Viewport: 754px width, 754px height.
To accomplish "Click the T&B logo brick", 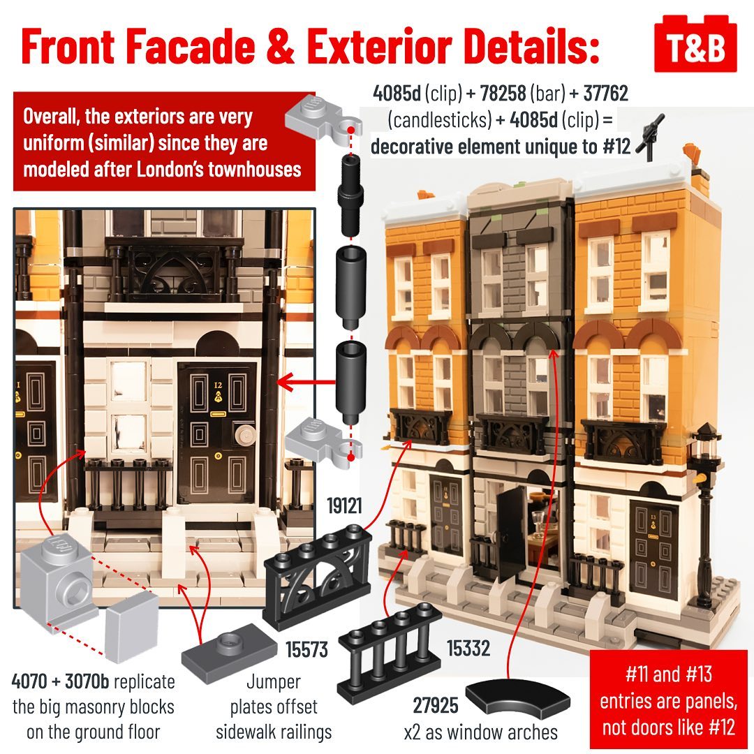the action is [x=695, y=44].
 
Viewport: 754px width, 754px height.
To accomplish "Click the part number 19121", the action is [x=344, y=506].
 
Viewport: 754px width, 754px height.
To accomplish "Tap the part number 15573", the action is [x=306, y=650].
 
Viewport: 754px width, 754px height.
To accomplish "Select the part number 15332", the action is [x=468, y=648].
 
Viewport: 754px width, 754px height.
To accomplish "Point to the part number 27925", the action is [x=436, y=705].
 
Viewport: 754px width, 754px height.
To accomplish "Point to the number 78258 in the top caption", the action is [x=503, y=94].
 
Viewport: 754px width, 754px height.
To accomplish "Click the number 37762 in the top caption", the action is [x=605, y=94].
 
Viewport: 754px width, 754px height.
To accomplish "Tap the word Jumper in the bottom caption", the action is [x=274, y=682].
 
